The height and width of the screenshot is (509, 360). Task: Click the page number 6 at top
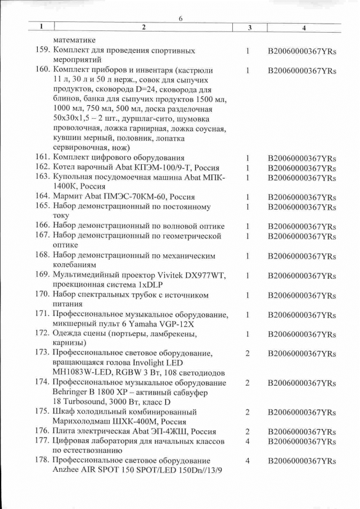coord(181,19)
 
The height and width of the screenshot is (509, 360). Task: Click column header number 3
coord(249,28)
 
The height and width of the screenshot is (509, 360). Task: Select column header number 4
coord(304,28)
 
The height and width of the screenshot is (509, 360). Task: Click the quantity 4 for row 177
coord(247,442)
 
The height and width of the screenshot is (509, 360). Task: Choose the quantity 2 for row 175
coord(247,412)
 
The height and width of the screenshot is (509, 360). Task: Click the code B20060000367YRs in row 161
coord(302,158)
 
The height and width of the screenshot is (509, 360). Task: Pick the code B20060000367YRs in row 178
coord(302,461)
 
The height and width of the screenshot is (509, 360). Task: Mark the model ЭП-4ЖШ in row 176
coord(169,431)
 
